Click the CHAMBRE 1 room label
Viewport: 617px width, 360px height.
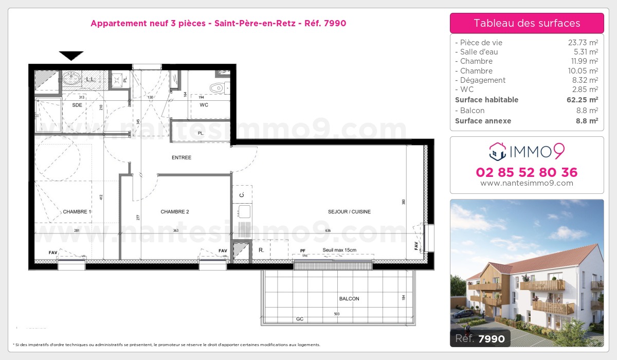point(77,212)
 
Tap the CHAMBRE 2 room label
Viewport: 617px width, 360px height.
point(175,212)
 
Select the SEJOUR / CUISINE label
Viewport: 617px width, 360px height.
point(349,212)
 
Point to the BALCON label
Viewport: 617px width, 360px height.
point(349,299)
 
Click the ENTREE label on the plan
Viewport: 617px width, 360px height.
point(182,158)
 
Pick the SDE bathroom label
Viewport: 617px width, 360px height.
point(77,105)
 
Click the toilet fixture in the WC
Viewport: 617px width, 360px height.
point(218,87)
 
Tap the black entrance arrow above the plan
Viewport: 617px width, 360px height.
point(71,56)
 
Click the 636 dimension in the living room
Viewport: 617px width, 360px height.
point(328,231)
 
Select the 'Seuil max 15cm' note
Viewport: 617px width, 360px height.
point(339,250)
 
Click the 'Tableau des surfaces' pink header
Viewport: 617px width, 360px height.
point(527,23)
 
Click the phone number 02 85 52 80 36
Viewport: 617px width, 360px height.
point(527,172)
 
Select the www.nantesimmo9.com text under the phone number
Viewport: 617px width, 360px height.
point(527,183)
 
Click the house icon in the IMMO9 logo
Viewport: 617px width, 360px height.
point(497,151)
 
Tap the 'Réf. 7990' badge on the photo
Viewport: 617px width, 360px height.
point(480,338)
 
